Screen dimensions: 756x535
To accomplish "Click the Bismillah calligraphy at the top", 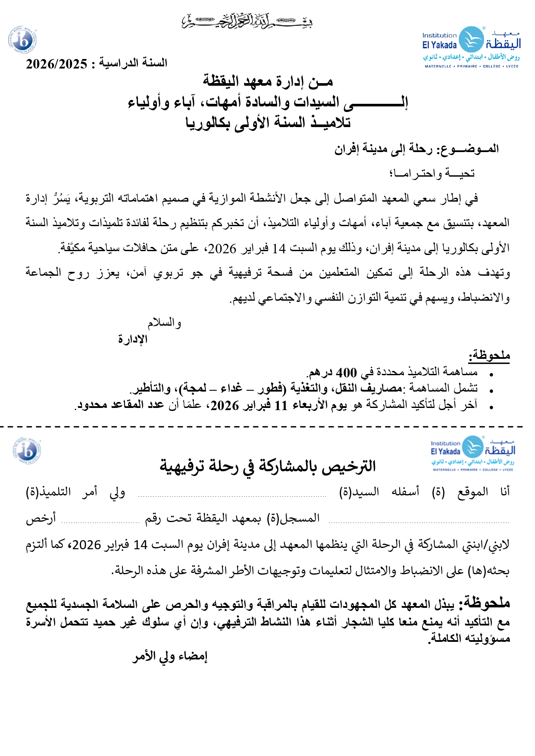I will (x=247, y=21).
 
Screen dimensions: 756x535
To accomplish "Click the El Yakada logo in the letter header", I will (x=471, y=47).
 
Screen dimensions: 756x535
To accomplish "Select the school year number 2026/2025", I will (x=56, y=64).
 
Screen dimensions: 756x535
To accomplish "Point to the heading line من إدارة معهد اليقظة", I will (x=268, y=81).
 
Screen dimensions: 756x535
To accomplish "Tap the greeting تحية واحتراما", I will (x=432, y=174).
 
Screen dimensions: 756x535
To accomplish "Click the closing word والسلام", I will (x=164, y=323).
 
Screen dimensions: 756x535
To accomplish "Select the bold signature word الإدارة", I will (x=133, y=339).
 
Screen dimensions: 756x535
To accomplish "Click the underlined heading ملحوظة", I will (x=489, y=356).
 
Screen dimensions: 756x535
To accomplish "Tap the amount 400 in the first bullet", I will (x=346, y=373).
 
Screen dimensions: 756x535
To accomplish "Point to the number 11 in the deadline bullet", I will (x=281, y=405).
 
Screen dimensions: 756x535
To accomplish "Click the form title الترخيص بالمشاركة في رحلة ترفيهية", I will (x=268, y=466).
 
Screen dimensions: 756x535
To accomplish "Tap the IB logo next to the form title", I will (x=27, y=451).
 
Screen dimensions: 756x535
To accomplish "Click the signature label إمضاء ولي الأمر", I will (x=170, y=656).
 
